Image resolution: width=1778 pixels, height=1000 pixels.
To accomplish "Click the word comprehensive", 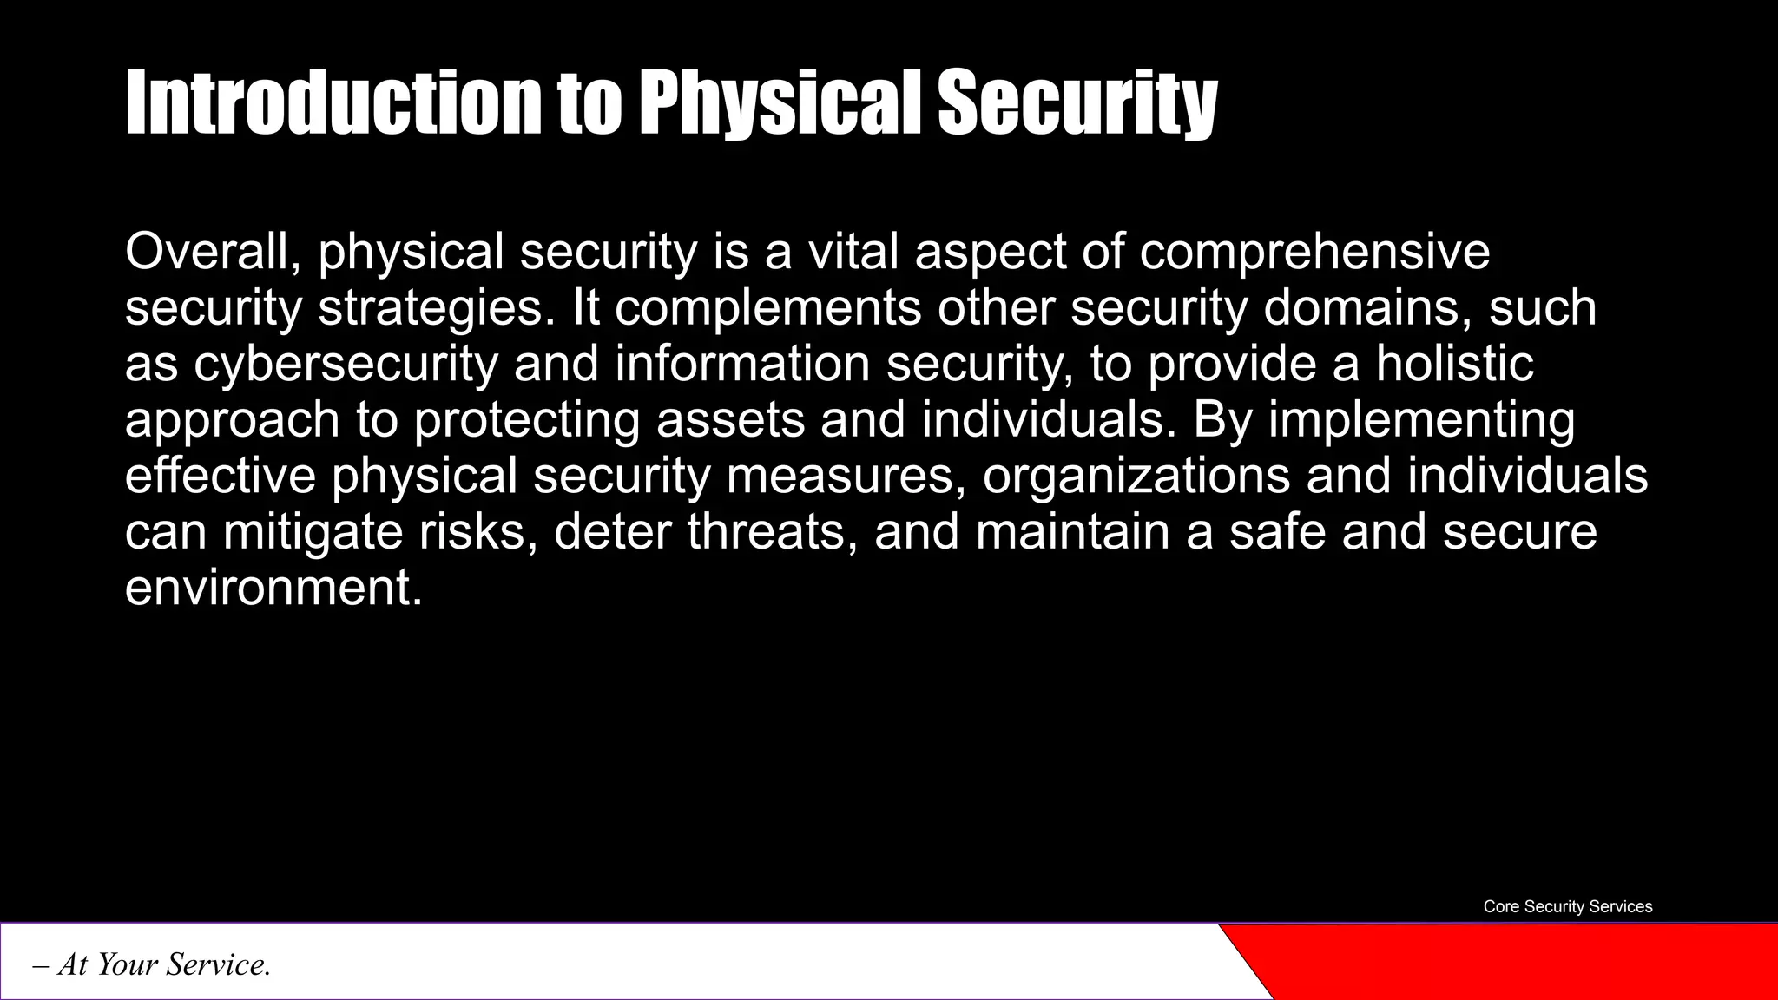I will click(x=1314, y=252).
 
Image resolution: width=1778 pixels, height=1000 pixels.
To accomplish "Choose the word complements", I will click(x=768, y=308).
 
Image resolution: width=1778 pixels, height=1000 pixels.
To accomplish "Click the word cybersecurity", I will click(x=346, y=365).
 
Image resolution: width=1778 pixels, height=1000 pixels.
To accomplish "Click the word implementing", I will click(x=1421, y=421).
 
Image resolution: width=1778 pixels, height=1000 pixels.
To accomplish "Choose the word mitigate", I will click(x=313, y=532).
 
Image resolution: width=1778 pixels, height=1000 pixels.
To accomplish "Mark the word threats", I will click(x=767, y=531).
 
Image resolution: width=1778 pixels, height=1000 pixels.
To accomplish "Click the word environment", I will click(x=273, y=588).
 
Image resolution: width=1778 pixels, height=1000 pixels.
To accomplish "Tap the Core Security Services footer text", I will click(x=1567, y=906).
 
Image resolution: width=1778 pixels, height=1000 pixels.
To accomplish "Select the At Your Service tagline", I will click(x=152, y=964).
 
